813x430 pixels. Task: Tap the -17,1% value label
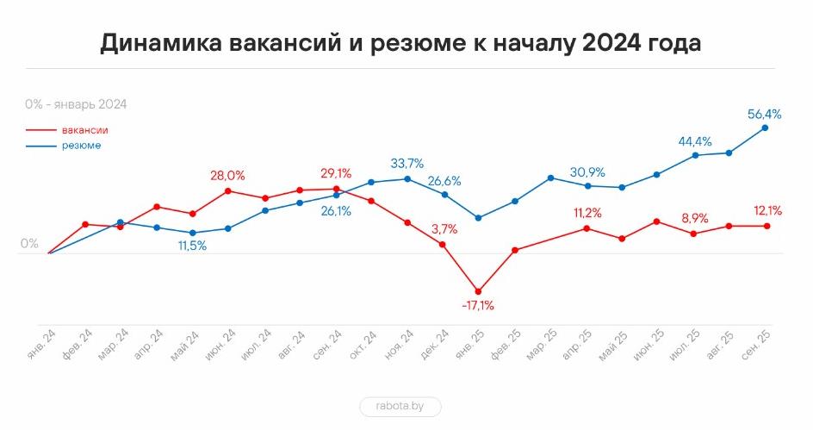(478, 305)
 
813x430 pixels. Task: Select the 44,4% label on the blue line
(695, 141)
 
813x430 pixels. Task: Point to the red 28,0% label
(227, 176)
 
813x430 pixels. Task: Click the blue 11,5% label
(192, 246)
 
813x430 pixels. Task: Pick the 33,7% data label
(407, 163)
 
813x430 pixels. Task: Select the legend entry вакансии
(84, 130)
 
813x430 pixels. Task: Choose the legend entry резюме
(81, 146)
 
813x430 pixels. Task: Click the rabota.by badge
(400, 407)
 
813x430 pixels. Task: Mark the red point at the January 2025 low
(479, 291)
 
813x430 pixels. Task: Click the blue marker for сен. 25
(766, 128)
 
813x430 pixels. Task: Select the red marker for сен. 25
(766, 226)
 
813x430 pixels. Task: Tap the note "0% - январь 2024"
(76, 104)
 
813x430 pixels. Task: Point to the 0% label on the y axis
(30, 244)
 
